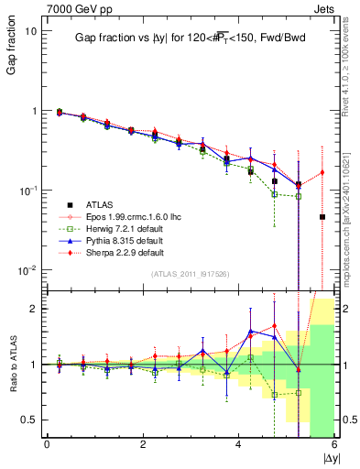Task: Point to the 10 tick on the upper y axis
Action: tap(30, 30)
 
